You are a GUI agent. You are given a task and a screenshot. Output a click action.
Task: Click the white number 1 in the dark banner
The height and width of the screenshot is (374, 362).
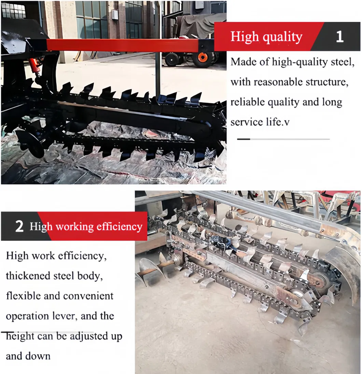coord(339,37)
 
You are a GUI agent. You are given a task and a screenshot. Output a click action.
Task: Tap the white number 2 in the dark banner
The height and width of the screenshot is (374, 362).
coord(19,227)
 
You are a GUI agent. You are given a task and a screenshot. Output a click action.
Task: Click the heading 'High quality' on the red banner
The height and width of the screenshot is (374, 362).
coord(266,37)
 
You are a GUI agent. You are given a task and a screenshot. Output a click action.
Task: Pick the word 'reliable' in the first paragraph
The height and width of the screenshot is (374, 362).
coord(246,102)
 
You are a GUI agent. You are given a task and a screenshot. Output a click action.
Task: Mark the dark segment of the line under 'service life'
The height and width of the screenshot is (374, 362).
coord(243,139)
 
